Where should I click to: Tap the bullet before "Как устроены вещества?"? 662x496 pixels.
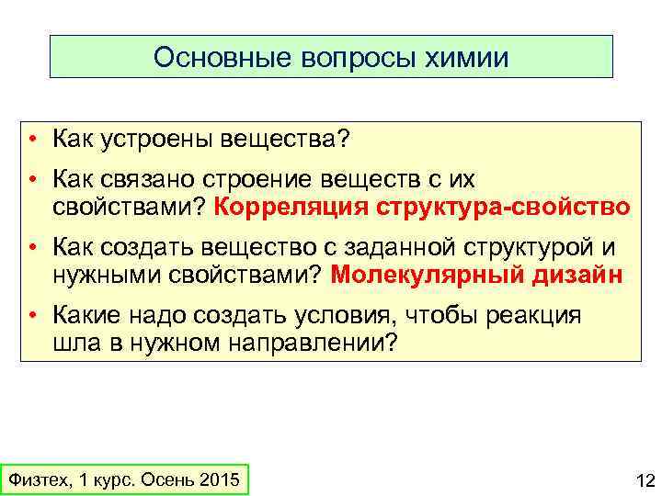[x=32, y=140]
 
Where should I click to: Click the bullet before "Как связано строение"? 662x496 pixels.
[x=32, y=178]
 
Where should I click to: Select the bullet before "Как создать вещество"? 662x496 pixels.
[x=32, y=248]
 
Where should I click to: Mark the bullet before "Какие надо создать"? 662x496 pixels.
[x=32, y=316]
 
